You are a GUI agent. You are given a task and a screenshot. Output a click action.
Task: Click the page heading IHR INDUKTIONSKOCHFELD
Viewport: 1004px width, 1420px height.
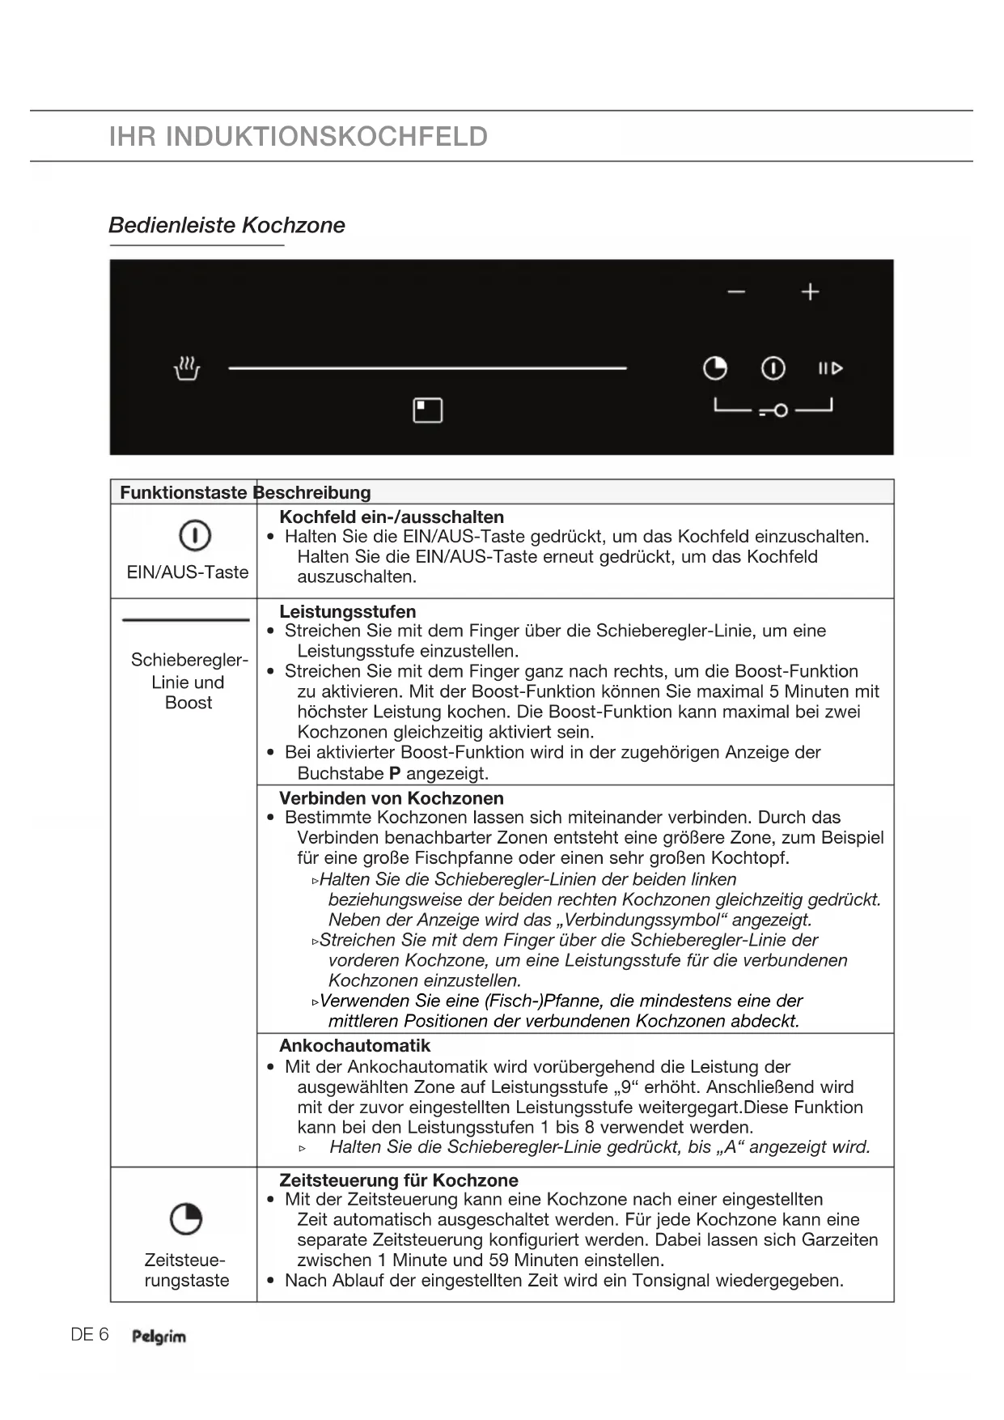[x=299, y=136]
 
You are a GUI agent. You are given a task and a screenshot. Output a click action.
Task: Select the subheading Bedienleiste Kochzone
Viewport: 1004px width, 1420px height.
[x=227, y=225]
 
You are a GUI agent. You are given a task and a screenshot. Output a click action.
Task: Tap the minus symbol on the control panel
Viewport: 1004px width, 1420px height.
[x=736, y=291]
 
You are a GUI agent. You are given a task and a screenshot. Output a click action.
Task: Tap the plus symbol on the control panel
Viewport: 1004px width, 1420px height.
[x=810, y=291]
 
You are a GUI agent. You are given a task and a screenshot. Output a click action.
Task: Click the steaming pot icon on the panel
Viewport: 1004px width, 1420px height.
[x=187, y=368]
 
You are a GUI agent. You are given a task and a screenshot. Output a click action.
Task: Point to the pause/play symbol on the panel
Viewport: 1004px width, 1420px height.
[x=830, y=369]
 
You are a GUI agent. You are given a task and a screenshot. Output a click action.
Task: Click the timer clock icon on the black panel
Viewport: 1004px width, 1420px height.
[x=715, y=368]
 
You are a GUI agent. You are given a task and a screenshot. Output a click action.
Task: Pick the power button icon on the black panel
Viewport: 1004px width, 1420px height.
[x=773, y=368]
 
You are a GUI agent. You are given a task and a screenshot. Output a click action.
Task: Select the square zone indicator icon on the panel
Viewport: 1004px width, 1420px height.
[x=428, y=410]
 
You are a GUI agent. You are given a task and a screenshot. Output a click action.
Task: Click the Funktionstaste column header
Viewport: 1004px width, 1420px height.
[x=183, y=492]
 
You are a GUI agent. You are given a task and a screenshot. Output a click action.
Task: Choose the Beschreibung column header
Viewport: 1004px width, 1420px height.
[x=314, y=492]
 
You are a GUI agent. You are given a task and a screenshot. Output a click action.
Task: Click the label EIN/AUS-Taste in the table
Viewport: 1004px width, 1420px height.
[x=188, y=572]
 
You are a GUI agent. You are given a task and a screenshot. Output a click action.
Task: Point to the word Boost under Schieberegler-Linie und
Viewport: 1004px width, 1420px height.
[x=189, y=703]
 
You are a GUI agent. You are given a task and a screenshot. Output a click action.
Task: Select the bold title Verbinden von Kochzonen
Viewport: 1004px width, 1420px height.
[x=392, y=798]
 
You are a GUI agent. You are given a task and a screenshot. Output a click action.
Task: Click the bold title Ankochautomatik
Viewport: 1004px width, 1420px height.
[x=354, y=1046]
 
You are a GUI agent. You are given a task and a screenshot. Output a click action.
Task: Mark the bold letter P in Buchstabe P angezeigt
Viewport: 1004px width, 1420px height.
[x=395, y=773]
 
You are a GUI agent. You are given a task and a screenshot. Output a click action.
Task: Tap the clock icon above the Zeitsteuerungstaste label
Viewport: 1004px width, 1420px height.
[x=186, y=1218]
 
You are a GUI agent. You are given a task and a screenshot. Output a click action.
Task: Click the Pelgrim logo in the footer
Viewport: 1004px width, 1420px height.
[x=159, y=1337]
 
